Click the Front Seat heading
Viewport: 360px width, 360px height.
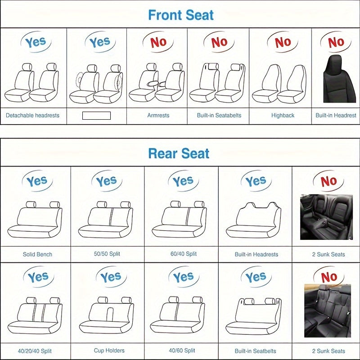(181, 15)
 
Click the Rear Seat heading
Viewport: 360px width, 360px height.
(179, 153)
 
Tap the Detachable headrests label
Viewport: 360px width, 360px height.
(32, 115)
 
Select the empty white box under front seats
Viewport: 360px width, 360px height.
(96, 116)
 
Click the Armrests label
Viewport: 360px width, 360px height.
(158, 115)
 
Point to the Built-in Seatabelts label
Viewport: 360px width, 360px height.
(219, 115)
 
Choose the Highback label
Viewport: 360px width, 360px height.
(283, 115)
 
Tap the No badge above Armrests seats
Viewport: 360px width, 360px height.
(158, 42)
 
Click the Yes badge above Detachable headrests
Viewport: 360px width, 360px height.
(35, 42)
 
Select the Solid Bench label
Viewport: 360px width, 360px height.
(37, 254)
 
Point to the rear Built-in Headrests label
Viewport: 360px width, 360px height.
(256, 254)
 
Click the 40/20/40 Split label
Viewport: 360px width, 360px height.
(36, 351)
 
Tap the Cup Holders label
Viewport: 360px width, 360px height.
(109, 351)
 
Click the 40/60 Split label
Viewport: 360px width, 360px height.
(182, 351)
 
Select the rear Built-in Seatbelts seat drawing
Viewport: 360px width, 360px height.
(254, 315)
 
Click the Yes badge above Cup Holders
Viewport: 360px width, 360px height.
(110, 277)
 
